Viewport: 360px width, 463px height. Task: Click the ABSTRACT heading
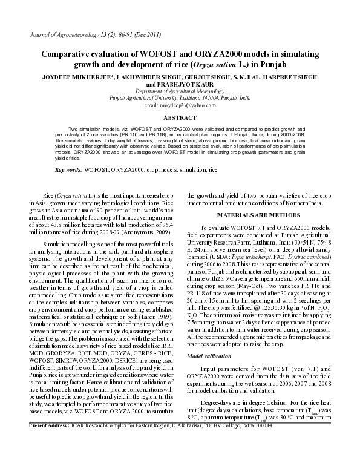pos(180,117)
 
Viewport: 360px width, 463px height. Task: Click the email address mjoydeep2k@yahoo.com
pos(180,105)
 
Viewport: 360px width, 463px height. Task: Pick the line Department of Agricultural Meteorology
pos(180,91)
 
